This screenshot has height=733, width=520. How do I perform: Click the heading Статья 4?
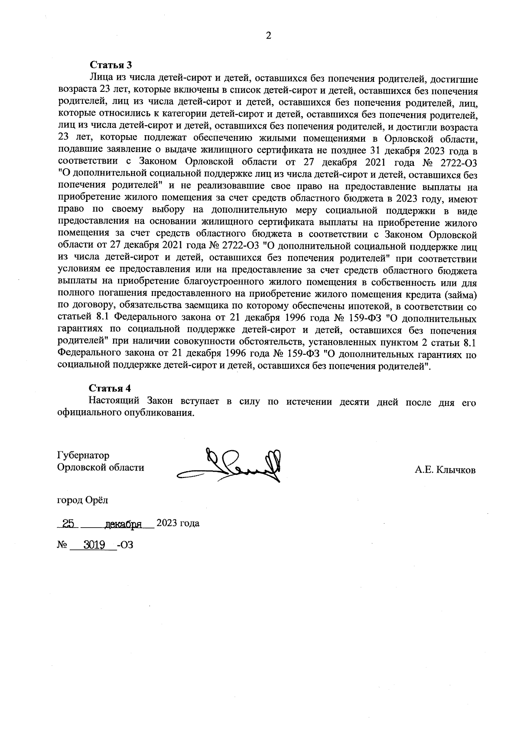tap(110, 388)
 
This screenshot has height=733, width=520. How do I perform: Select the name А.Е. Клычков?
tap(445, 470)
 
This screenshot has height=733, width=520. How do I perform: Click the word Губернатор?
tap(83, 455)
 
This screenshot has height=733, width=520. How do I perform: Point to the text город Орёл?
tap(83, 500)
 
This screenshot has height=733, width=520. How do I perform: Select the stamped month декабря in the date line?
tap(123, 524)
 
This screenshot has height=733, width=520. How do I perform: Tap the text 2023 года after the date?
tap(178, 523)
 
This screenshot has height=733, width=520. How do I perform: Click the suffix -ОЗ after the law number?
tap(125, 545)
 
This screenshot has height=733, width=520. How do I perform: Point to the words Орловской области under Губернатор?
tap(101, 467)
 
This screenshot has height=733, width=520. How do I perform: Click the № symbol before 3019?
tap(61, 545)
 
